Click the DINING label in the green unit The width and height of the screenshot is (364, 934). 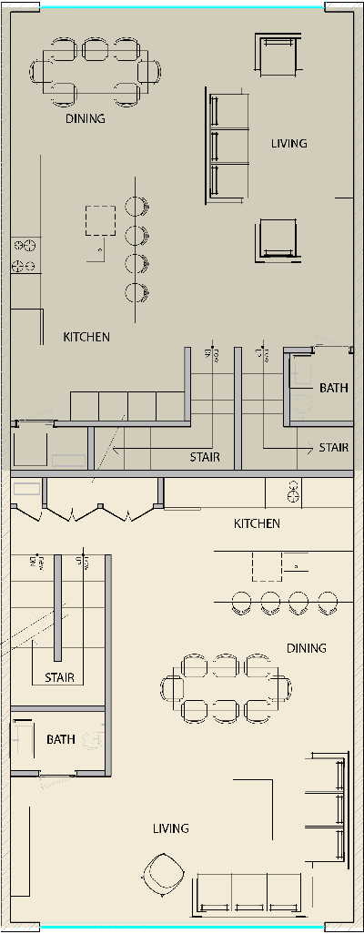tap(85, 118)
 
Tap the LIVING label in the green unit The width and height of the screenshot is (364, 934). tap(289, 143)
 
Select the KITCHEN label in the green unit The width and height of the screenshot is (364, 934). tap(86, 337)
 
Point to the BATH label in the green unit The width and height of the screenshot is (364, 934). tap(333, 388)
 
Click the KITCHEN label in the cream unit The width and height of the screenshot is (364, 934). tap(257, 523)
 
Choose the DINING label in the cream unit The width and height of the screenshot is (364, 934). tap(306, 648)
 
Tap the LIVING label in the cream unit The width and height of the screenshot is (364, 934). tap(170, 828)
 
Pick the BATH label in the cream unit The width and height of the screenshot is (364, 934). tap(61, 739)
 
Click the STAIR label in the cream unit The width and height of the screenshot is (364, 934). tap(59, 677)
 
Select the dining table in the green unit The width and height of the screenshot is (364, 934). tap(87, 71)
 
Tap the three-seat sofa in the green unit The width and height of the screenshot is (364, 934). tap(228, 146)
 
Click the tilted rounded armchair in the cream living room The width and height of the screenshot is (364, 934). tap(164, 875)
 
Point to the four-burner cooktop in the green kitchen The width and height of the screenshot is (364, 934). tap(24, 255)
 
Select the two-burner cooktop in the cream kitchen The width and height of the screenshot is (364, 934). tap(293, 493)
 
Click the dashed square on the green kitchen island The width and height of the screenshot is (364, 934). tap(100, 221)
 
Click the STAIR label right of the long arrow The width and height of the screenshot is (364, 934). tap(204, 457)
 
